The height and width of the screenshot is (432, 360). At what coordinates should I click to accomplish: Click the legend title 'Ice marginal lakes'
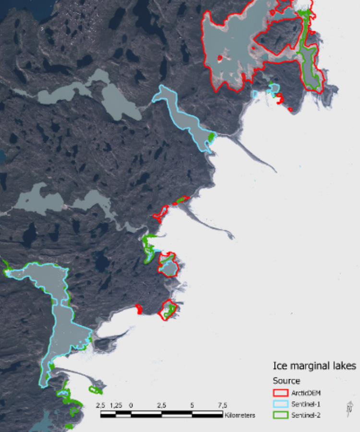[314, 366]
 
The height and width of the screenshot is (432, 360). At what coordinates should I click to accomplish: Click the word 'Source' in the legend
[284, 381]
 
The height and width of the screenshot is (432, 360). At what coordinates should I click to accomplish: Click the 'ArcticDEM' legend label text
[306, 393]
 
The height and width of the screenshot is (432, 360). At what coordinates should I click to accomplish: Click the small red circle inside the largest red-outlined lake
[220, 58]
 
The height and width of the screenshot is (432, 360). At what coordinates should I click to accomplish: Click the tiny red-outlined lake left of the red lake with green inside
[139, 310]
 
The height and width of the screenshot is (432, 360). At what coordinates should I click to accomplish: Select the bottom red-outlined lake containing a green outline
[168, 310]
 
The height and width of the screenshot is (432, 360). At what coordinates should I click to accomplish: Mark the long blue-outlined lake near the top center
[185, 118]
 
